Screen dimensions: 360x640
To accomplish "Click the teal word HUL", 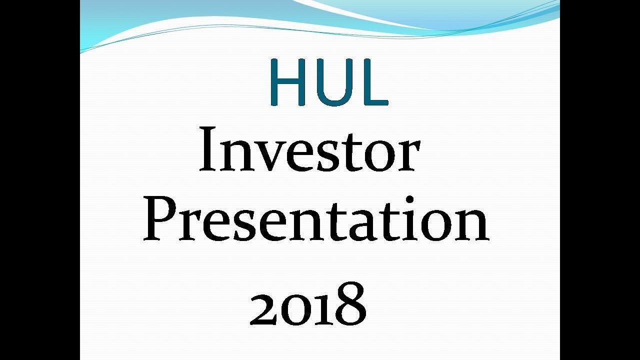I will pyautogui.click(x=328, y=81).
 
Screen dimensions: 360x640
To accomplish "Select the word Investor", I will pyautogui.click(x=309, y=149).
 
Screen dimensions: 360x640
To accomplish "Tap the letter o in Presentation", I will pyautogui.click(x=432, y=225).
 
